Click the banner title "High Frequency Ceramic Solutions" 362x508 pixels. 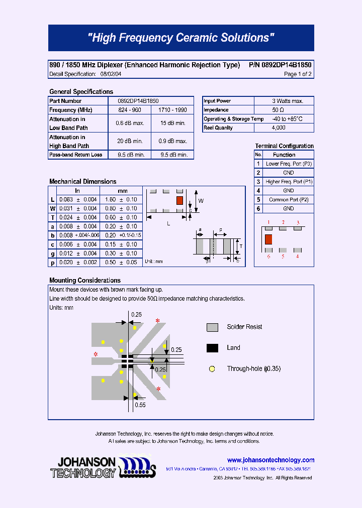point(181,38)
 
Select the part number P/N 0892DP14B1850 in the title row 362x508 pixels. point(280,65)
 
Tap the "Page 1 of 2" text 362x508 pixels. point(298,74)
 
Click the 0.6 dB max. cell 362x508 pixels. point(130,123)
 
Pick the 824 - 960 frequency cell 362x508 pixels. point(130,110)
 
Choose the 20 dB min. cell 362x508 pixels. point(130,142)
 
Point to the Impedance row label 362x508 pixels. point(216,110)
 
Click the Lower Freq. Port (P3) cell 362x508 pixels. point(289,164)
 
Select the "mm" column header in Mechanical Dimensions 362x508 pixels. point(122,191)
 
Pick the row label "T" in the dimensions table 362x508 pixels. point(52,218)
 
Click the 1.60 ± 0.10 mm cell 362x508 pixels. point(121,200)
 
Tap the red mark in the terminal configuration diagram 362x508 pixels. point(268,239)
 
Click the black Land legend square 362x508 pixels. point(212,348)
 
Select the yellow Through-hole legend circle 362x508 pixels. point(212,369)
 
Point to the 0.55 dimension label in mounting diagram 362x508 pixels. point(140,405)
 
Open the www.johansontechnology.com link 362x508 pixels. point(270,460)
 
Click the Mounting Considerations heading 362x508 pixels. point(85,281)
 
